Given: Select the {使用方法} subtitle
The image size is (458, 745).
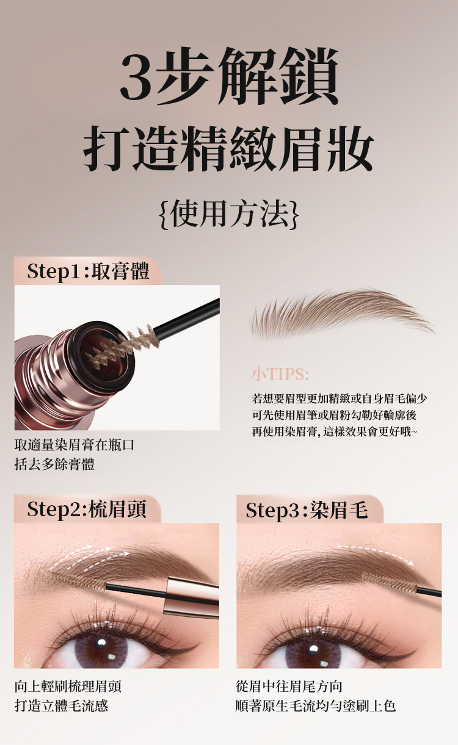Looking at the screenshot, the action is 229,214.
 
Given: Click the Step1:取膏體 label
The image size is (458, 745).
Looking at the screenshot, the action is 88,271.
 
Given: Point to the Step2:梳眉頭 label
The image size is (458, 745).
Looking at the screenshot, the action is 87,509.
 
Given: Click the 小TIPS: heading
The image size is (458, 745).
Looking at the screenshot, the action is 280,374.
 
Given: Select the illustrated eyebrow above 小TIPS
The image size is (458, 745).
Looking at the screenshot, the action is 341,312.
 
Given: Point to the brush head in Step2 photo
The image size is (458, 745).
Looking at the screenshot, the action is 79,581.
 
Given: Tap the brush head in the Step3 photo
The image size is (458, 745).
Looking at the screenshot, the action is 390,583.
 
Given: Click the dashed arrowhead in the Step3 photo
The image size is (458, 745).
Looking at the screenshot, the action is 412,563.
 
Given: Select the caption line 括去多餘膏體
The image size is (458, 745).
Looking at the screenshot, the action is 54,464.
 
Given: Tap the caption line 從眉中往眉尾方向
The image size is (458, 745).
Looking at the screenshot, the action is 289,686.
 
